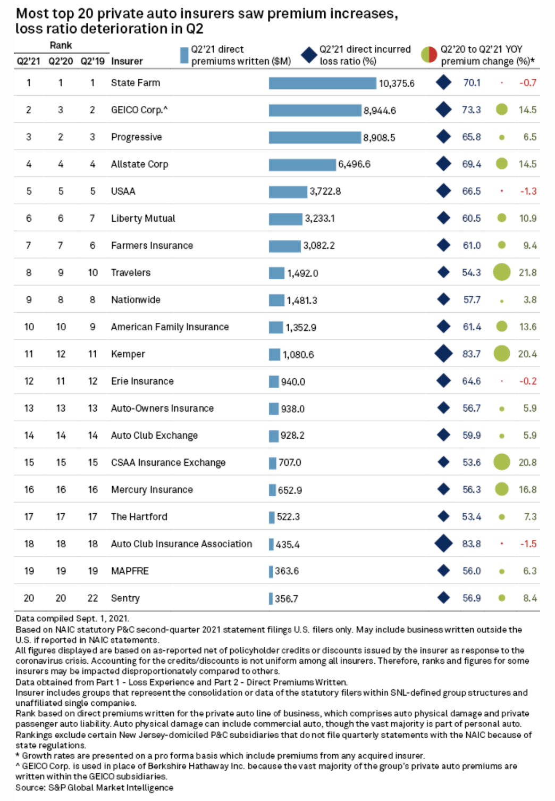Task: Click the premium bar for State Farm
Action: point(322,83)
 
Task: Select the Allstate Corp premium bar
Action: point(302,164)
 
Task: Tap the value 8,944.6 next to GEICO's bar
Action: point(380,111)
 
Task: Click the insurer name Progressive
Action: point(136,137)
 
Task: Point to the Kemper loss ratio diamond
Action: point(443,354)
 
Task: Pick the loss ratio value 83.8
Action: point(471,544)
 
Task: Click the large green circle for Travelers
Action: point(501,272)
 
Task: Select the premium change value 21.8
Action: point(527,272)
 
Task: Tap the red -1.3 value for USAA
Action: point(528,191)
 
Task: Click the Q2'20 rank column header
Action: point(61,61)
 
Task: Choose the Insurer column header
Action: point(127,61)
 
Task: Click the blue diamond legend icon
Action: point(309,55)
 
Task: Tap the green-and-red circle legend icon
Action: point(428,54)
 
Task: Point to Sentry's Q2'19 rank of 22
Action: point(93,598)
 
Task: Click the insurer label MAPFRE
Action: point(130,571)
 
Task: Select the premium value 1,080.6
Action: point(298,355)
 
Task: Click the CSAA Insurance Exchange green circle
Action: point(501,462)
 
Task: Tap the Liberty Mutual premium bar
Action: point(285,219)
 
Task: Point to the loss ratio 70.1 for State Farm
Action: point(472,83)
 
